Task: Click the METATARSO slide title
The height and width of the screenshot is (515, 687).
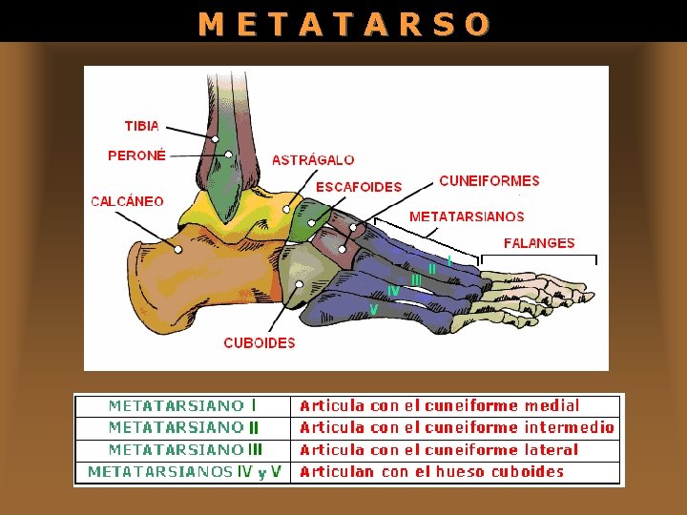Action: (343, 23)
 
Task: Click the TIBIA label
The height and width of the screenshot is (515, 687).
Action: (142, 126)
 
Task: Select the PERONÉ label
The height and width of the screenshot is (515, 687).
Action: (136, 154)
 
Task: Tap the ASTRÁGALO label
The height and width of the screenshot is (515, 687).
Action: (313, 160)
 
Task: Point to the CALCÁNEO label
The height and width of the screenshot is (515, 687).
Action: (127, 201)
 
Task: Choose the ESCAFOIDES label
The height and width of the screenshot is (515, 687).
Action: (359, 187)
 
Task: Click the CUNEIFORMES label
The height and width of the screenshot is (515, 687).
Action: (489, 180)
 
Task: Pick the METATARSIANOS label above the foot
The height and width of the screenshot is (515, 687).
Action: (467, 217)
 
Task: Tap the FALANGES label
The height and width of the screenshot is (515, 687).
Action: (539, 243)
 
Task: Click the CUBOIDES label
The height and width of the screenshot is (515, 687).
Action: (260, 342)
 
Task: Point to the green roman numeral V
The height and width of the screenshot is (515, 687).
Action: (374, 310)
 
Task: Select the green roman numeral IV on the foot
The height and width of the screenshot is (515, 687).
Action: (393, 290)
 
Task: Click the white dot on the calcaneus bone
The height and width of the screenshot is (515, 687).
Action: (178, 250)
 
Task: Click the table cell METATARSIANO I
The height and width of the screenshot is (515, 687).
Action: (182, 406)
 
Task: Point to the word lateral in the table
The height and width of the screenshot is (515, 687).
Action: (551, 449)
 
